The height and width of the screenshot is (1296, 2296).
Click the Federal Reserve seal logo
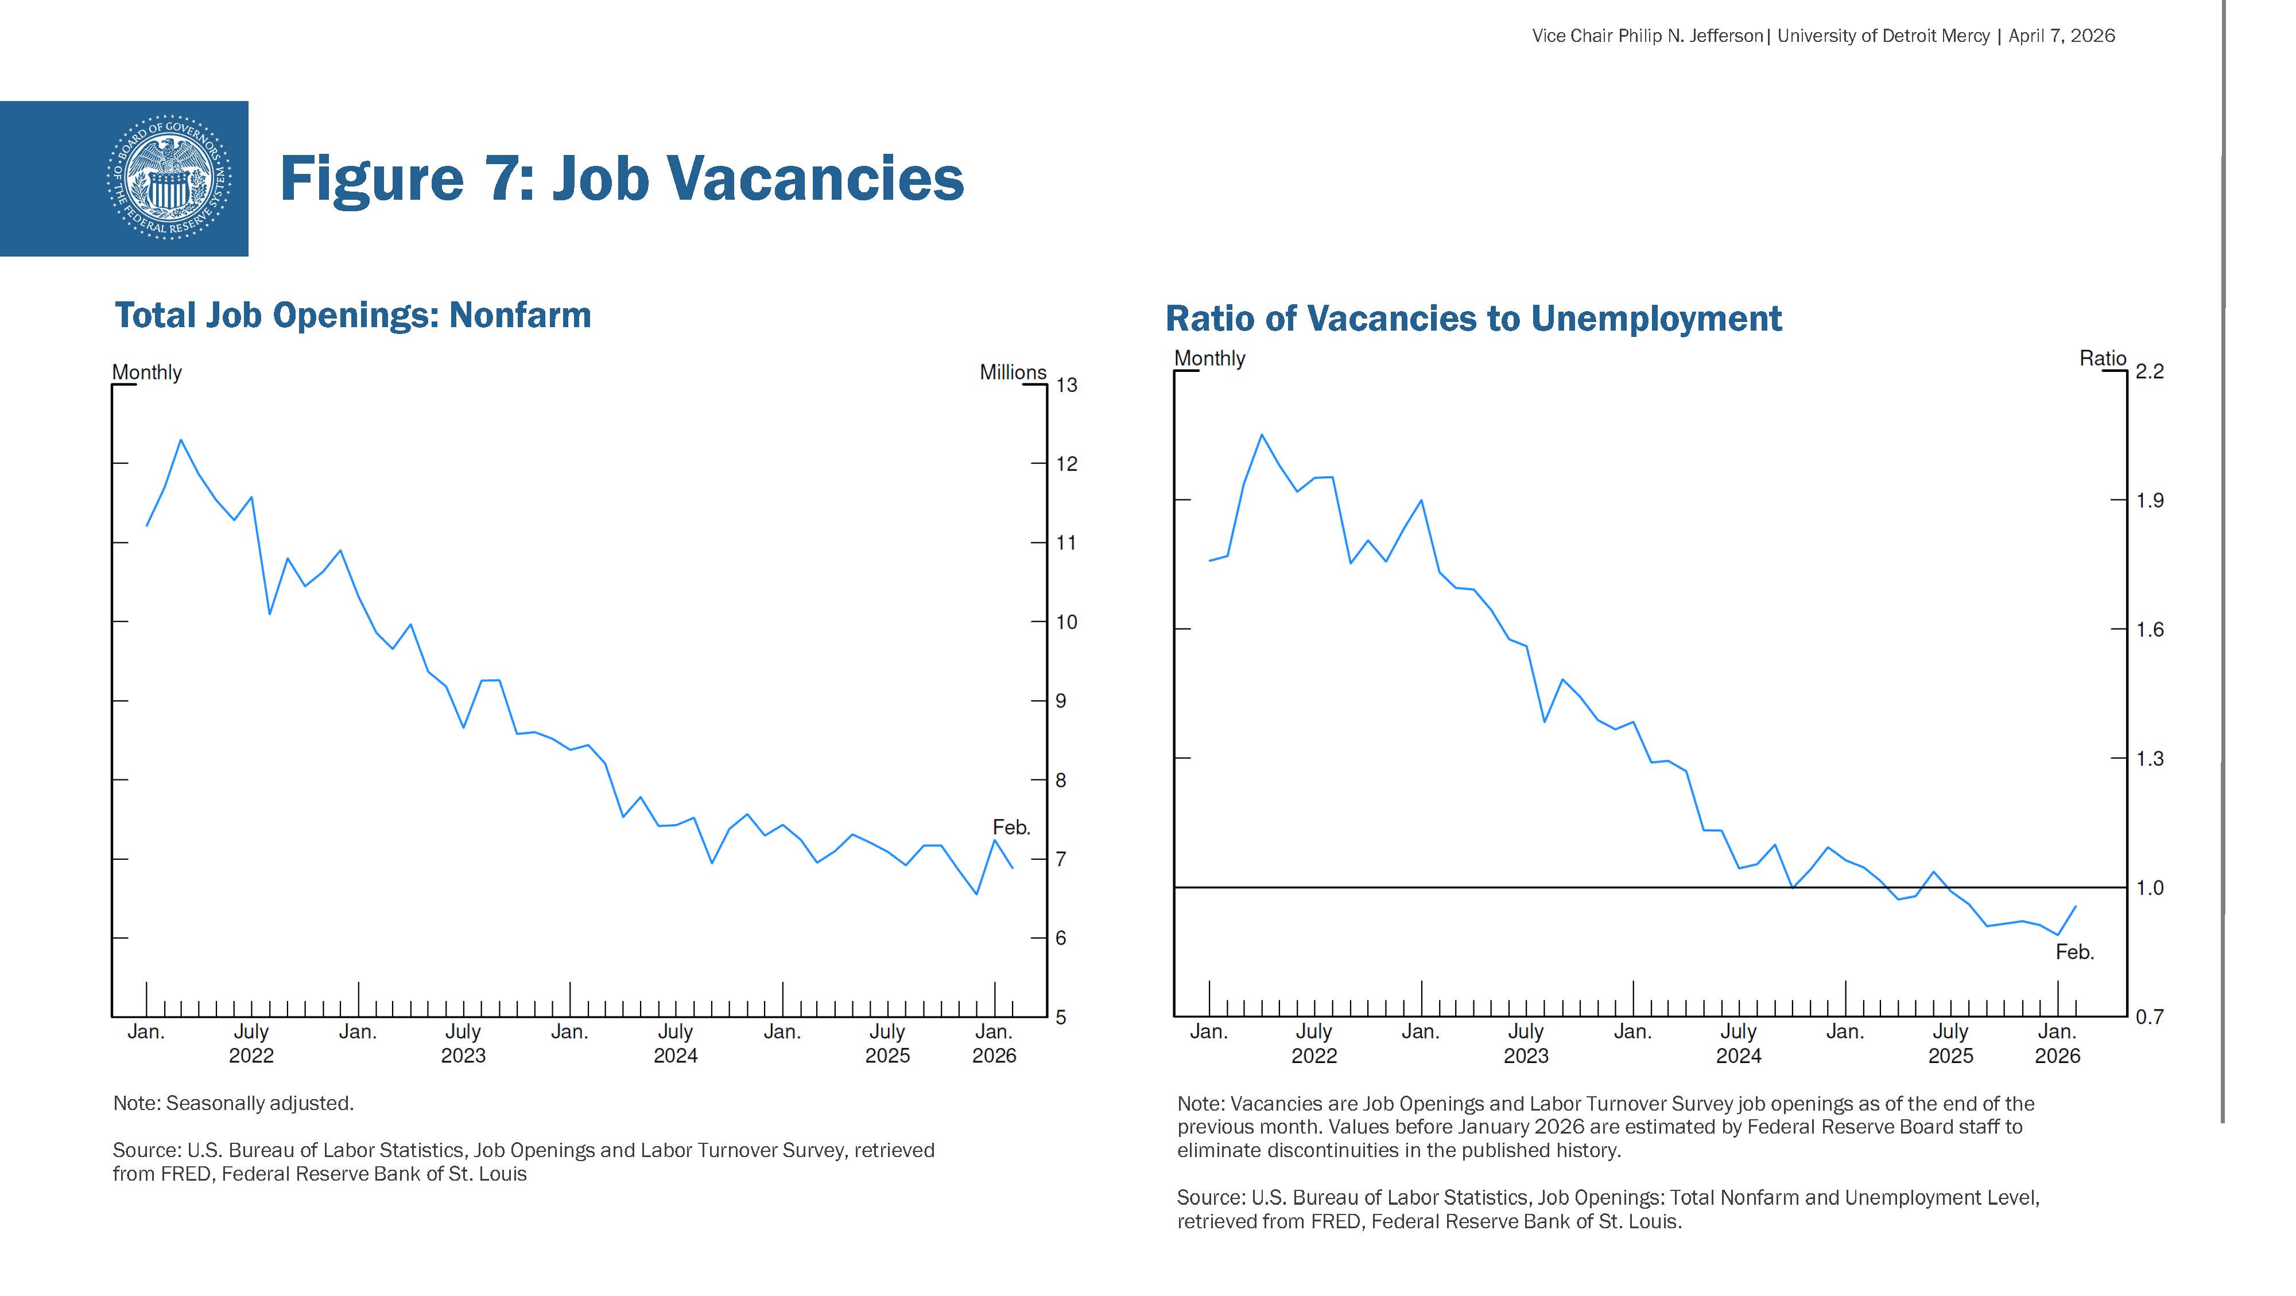[x=169, y=179]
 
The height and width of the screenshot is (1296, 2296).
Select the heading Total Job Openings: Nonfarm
[x=353, y=316]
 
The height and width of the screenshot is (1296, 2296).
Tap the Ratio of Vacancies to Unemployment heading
[x=1473, y=318]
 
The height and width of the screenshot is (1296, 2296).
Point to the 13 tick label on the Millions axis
[x=1067, y=385]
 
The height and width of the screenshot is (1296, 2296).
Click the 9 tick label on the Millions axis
[x=1061, y=701]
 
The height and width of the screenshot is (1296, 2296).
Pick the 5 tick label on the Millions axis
[x=1061, y=1017]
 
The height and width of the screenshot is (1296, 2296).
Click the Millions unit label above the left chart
[x=1013, y=372]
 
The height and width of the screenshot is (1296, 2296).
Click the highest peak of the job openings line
[x=181, y=440]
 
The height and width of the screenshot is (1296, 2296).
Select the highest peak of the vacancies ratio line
[x=1261, y=435]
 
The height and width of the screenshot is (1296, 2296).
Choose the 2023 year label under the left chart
[x=463, y=1056]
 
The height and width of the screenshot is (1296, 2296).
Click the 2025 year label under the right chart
[x=1950, y=1056]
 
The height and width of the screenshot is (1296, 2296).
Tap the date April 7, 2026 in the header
[x=2062, y=36]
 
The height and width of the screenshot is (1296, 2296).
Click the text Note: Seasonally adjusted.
[x=234, y=1104]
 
